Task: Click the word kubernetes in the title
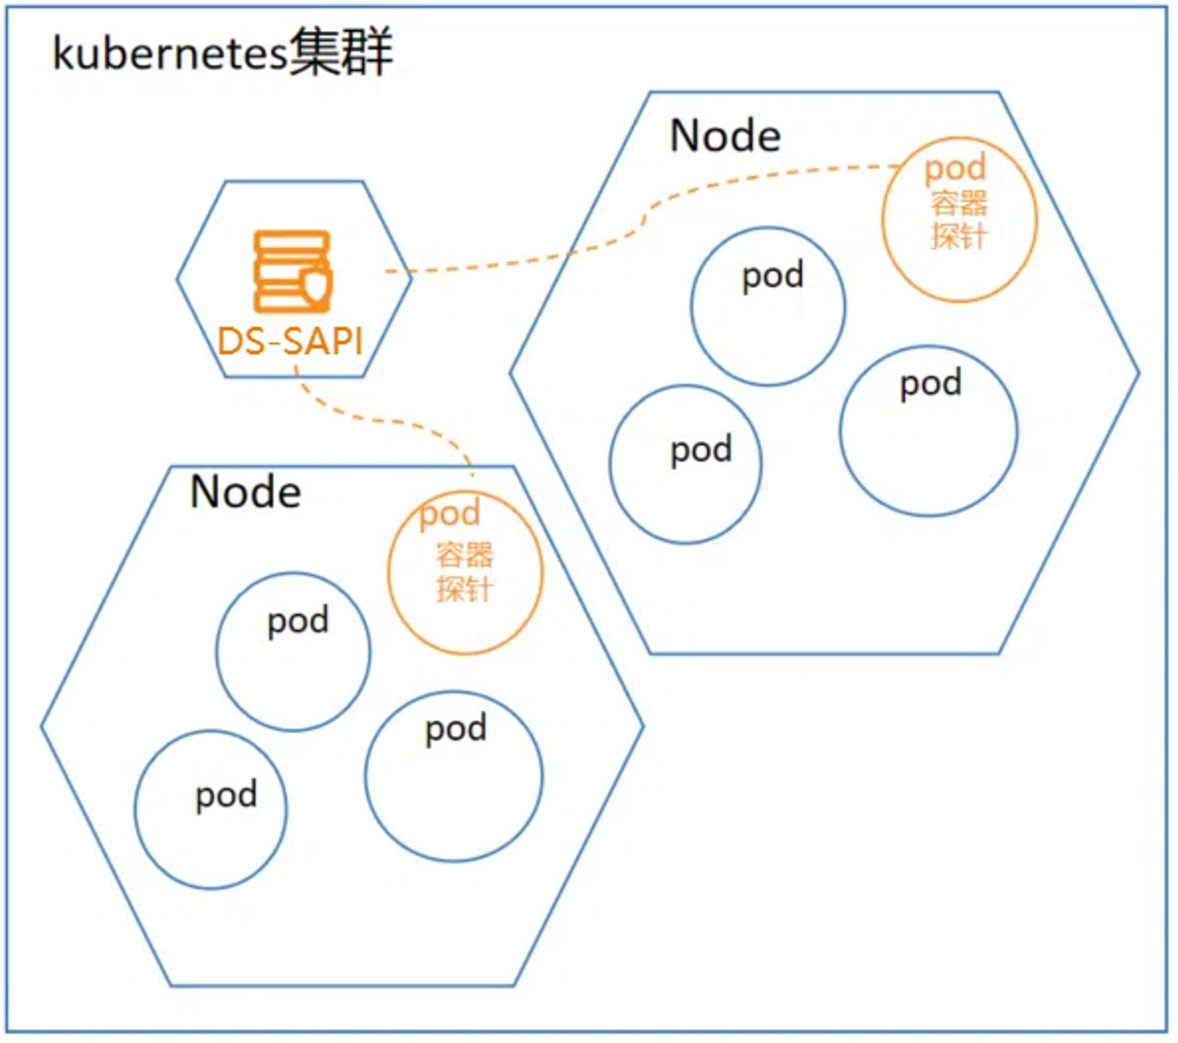point(170,54)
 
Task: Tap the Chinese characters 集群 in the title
point(341,53)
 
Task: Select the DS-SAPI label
point(290,341)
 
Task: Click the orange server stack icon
point(293,272)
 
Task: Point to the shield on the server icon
point(316,284)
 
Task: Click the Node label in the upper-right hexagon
point(725,135)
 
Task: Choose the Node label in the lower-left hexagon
point(246,492)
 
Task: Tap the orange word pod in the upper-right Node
point(956,168)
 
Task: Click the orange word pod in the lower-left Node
point(450,515)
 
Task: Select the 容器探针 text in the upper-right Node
point(959,219)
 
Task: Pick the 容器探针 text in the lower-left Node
point(464,571)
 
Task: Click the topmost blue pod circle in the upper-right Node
point(691,306)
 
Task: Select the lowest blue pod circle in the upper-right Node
point(610,464)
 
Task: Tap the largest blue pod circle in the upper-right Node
point(840,431)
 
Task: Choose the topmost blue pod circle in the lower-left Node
point(216,651)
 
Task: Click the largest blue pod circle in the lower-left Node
point(365,776)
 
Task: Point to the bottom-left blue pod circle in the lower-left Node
point(135,810)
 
